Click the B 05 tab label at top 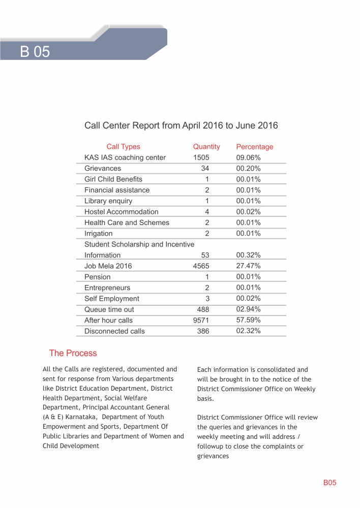[x=35, y=52]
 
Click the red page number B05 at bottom [x=330, y=483]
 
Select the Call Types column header [x=123, y=147]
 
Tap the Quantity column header [x=206, y=147]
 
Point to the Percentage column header [x=255, y=147]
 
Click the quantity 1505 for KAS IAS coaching [x=201, y=157]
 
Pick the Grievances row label [x=103, y=168]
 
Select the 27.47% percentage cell [x=249, y=266]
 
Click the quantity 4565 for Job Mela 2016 [x=201, y=266]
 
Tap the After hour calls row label [x=108, y=320]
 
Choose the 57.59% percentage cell [x=249, y=320]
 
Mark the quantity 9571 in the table [x=201, y=320]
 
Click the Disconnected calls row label [x=114, y=331]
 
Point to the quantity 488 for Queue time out [x=203, y=309]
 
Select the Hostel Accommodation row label [x=122, y=212]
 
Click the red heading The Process [x=73, y=353]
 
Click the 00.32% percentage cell [x=249, y=255]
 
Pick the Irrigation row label [x=99, y=234]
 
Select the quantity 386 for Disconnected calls [x=203, y=331]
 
